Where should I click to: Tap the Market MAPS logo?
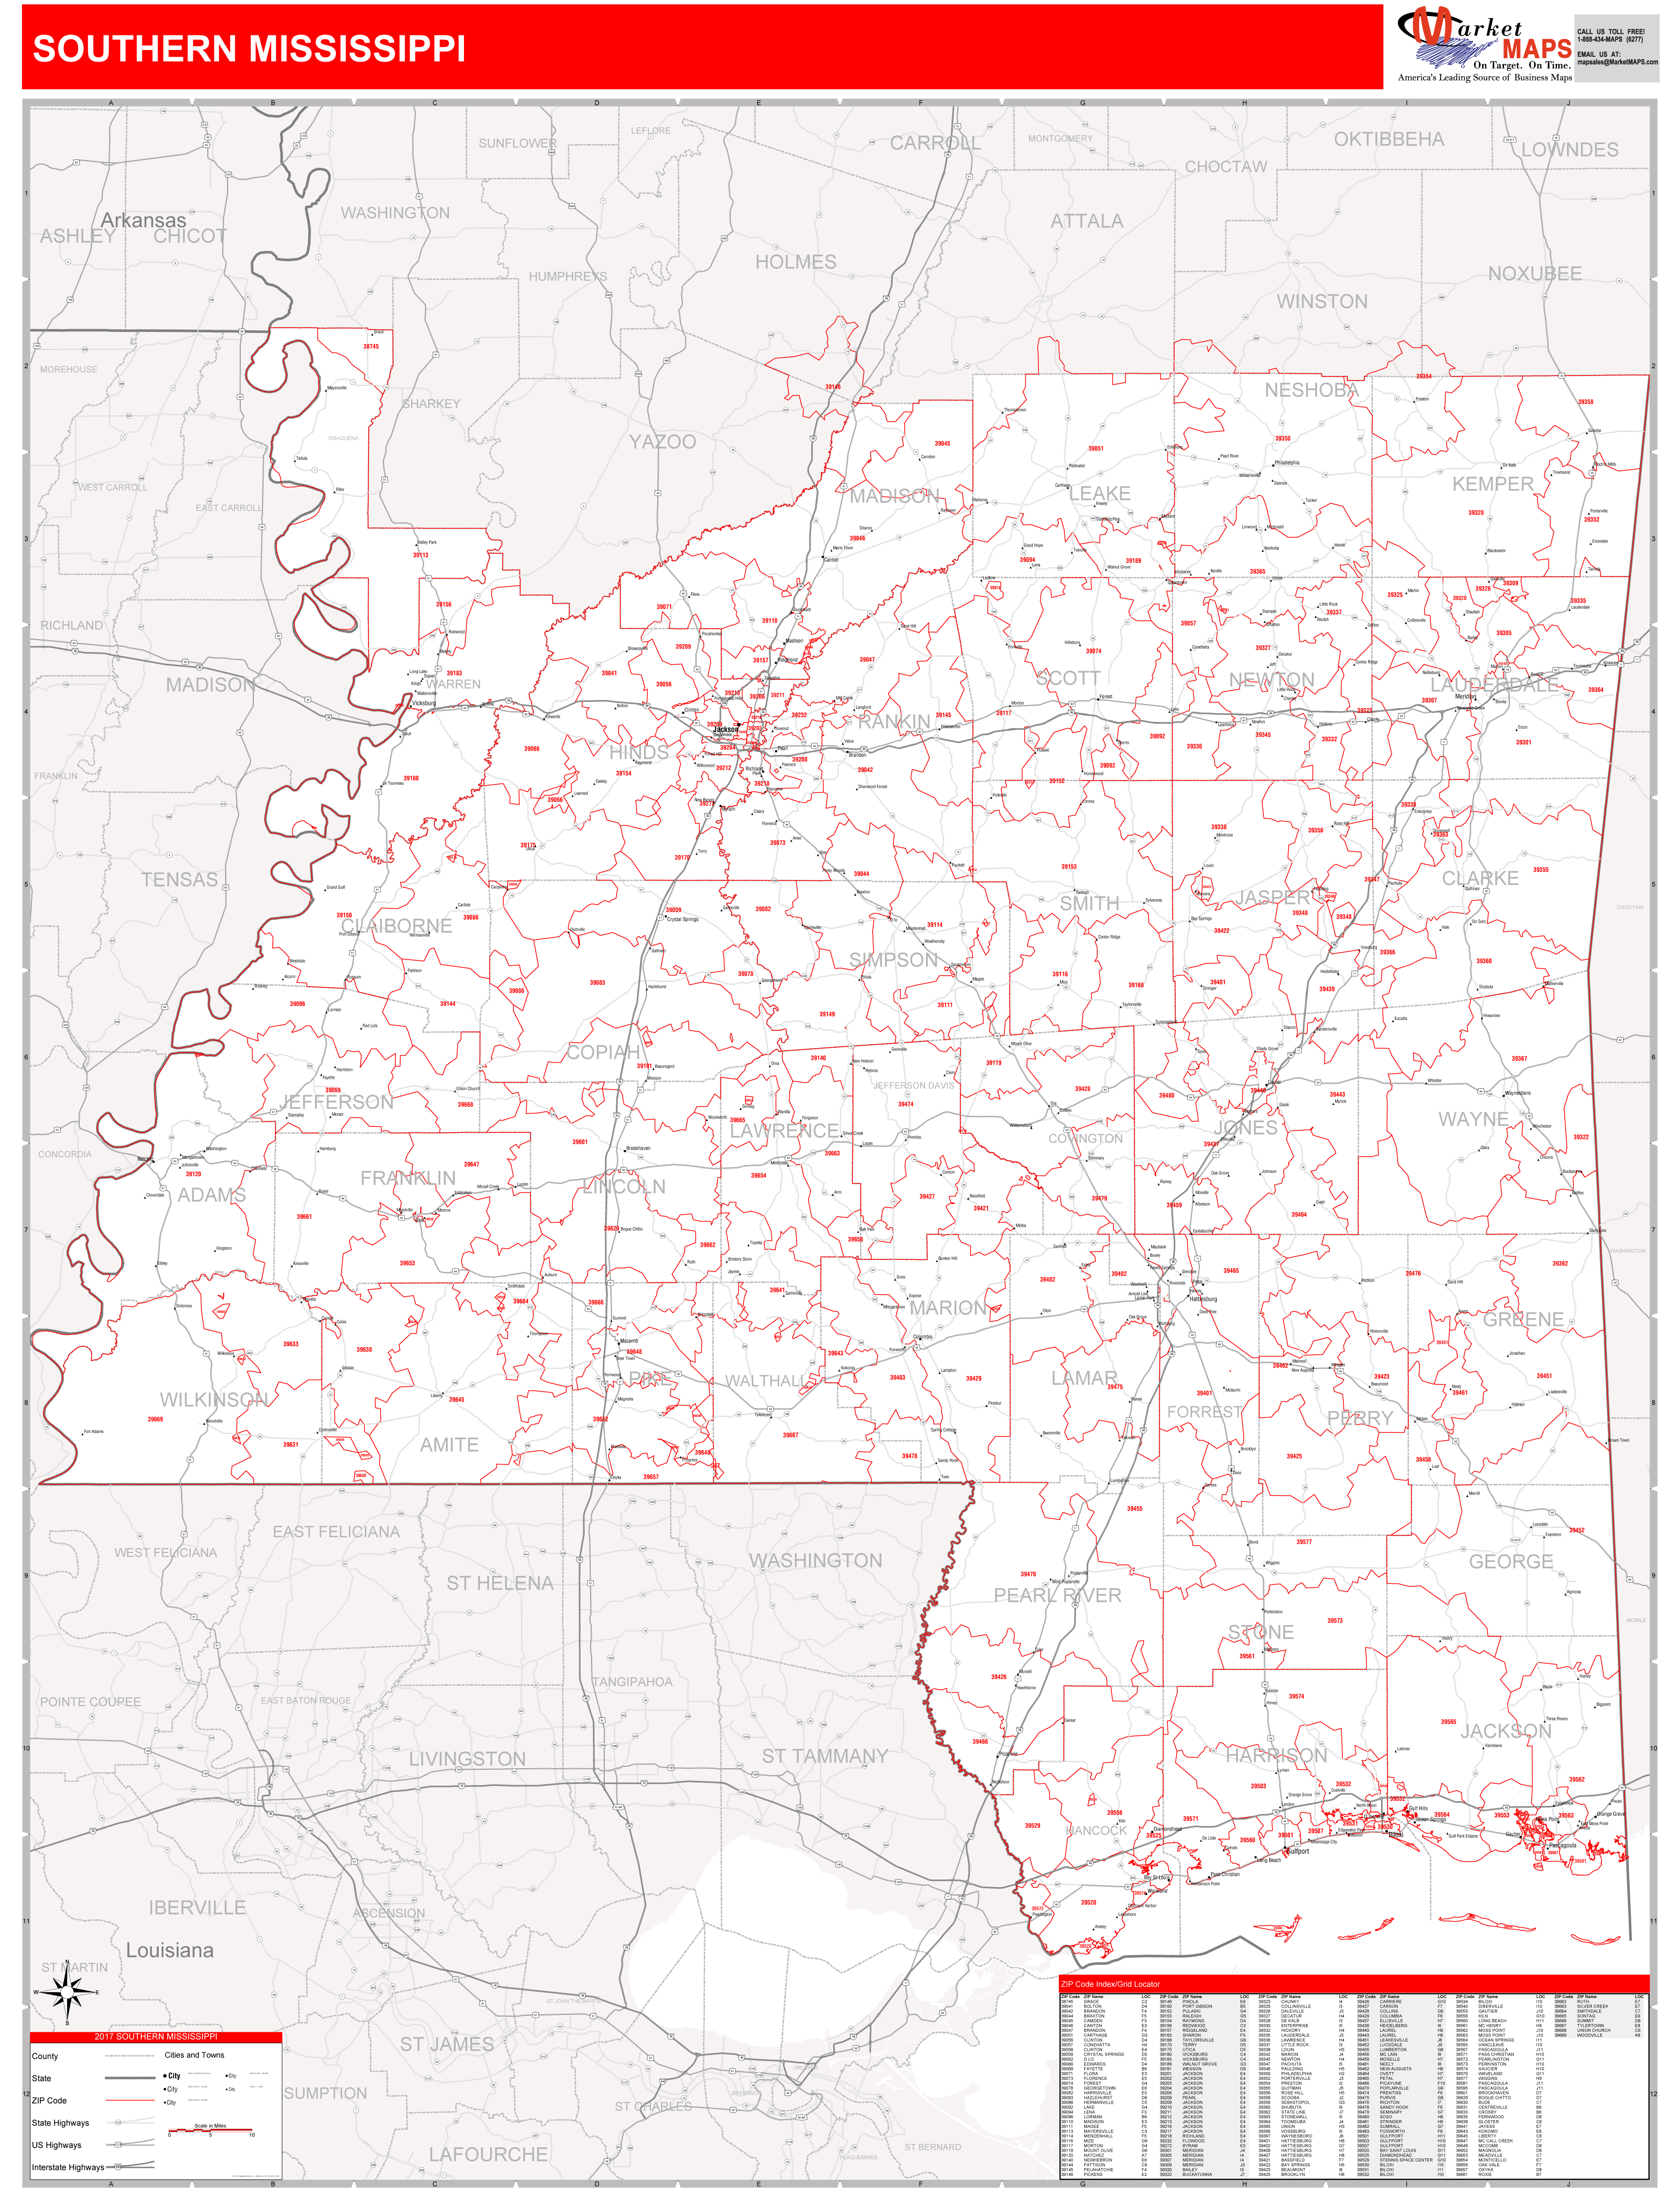point(1484,45)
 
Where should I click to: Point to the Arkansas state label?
point(143,221)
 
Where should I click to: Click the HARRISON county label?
point(1275,1756)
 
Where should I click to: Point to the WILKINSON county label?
point(214,1399)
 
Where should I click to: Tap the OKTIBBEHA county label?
point(1389,139)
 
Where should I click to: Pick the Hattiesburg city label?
point(1203,1299)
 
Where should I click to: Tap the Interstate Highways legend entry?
point(67,2167)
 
